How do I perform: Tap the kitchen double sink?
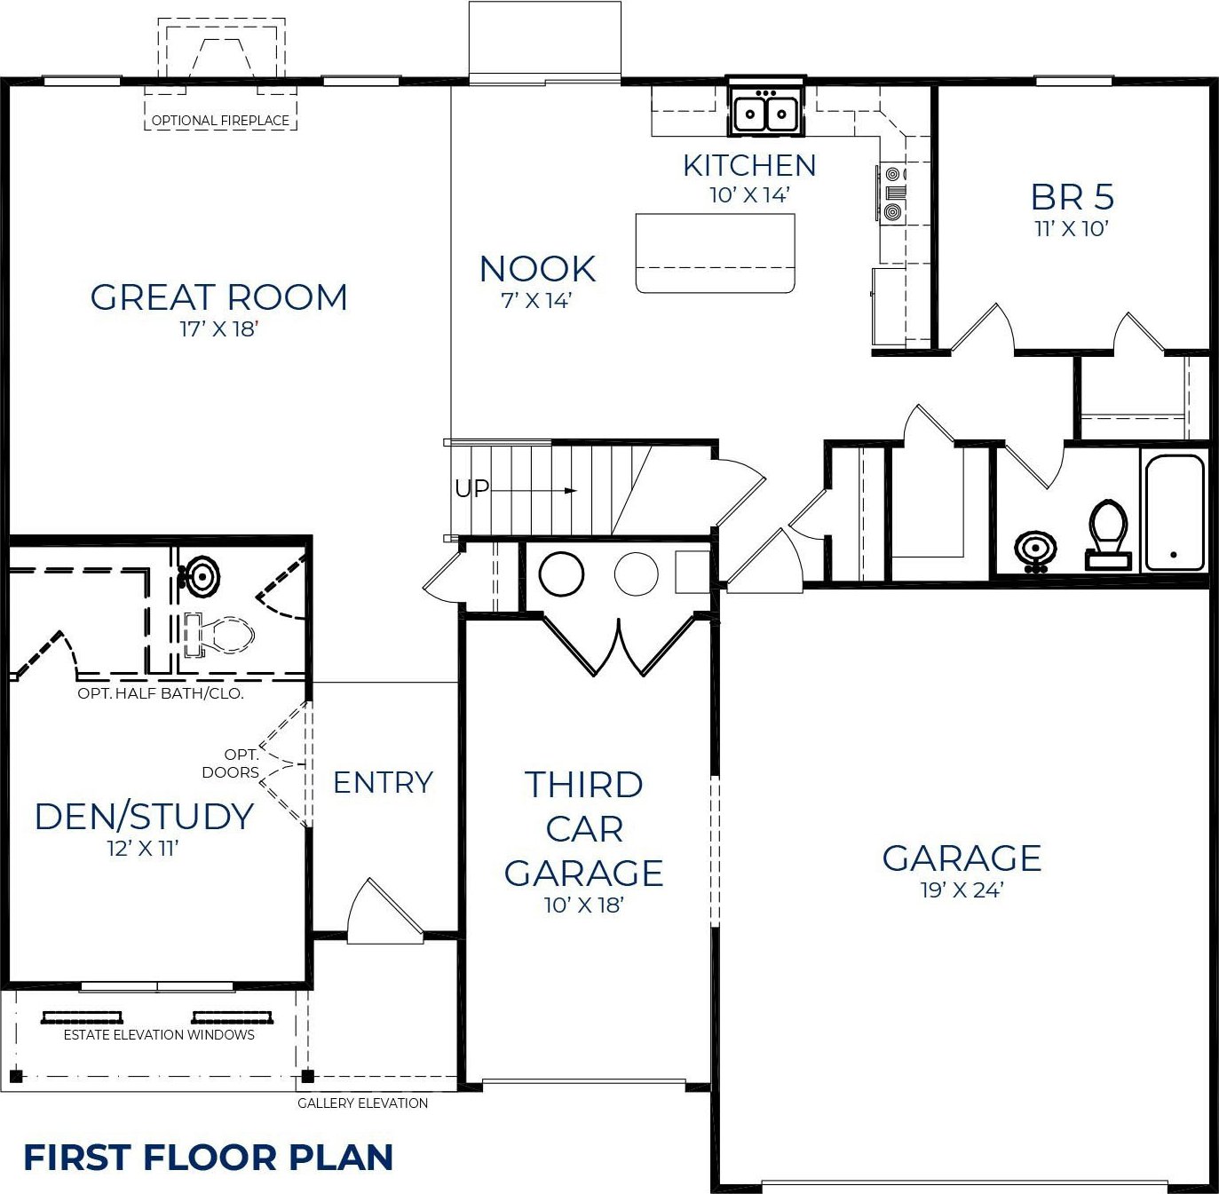[766, 113]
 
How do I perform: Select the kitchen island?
[715, 253]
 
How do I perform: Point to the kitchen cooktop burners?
[892, 193]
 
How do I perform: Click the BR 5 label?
[1072, 197]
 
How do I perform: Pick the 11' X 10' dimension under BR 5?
[1072, 228]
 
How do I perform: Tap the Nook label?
[537, 269]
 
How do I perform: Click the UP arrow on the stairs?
[533, 490]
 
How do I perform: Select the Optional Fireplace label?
[220, 120]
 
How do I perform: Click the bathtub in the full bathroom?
[1174, 511]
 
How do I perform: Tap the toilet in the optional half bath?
[219, 634]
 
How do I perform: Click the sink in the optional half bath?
[200, 576]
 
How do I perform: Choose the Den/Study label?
[144, 816]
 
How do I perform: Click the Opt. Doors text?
[232, 763]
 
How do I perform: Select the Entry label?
[383, 783]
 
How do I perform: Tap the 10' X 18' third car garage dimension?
[584, 905]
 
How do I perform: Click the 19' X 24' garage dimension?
[962, 890]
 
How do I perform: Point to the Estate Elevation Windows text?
[159, 1034]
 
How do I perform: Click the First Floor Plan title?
[208, 1158]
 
